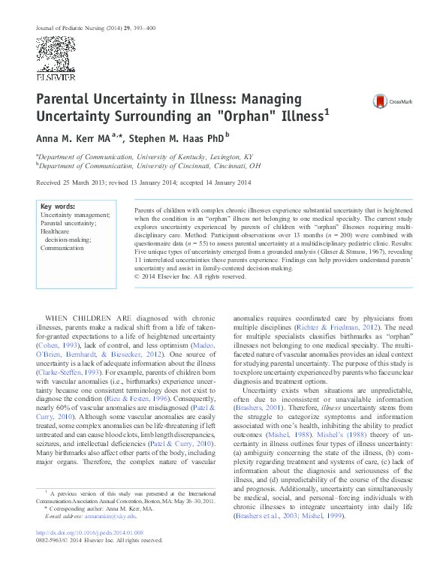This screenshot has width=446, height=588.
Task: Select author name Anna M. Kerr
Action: tap(67, 138)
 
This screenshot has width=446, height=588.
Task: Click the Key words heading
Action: tap(57, 206)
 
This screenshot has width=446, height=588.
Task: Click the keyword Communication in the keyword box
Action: tap(63, 247)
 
